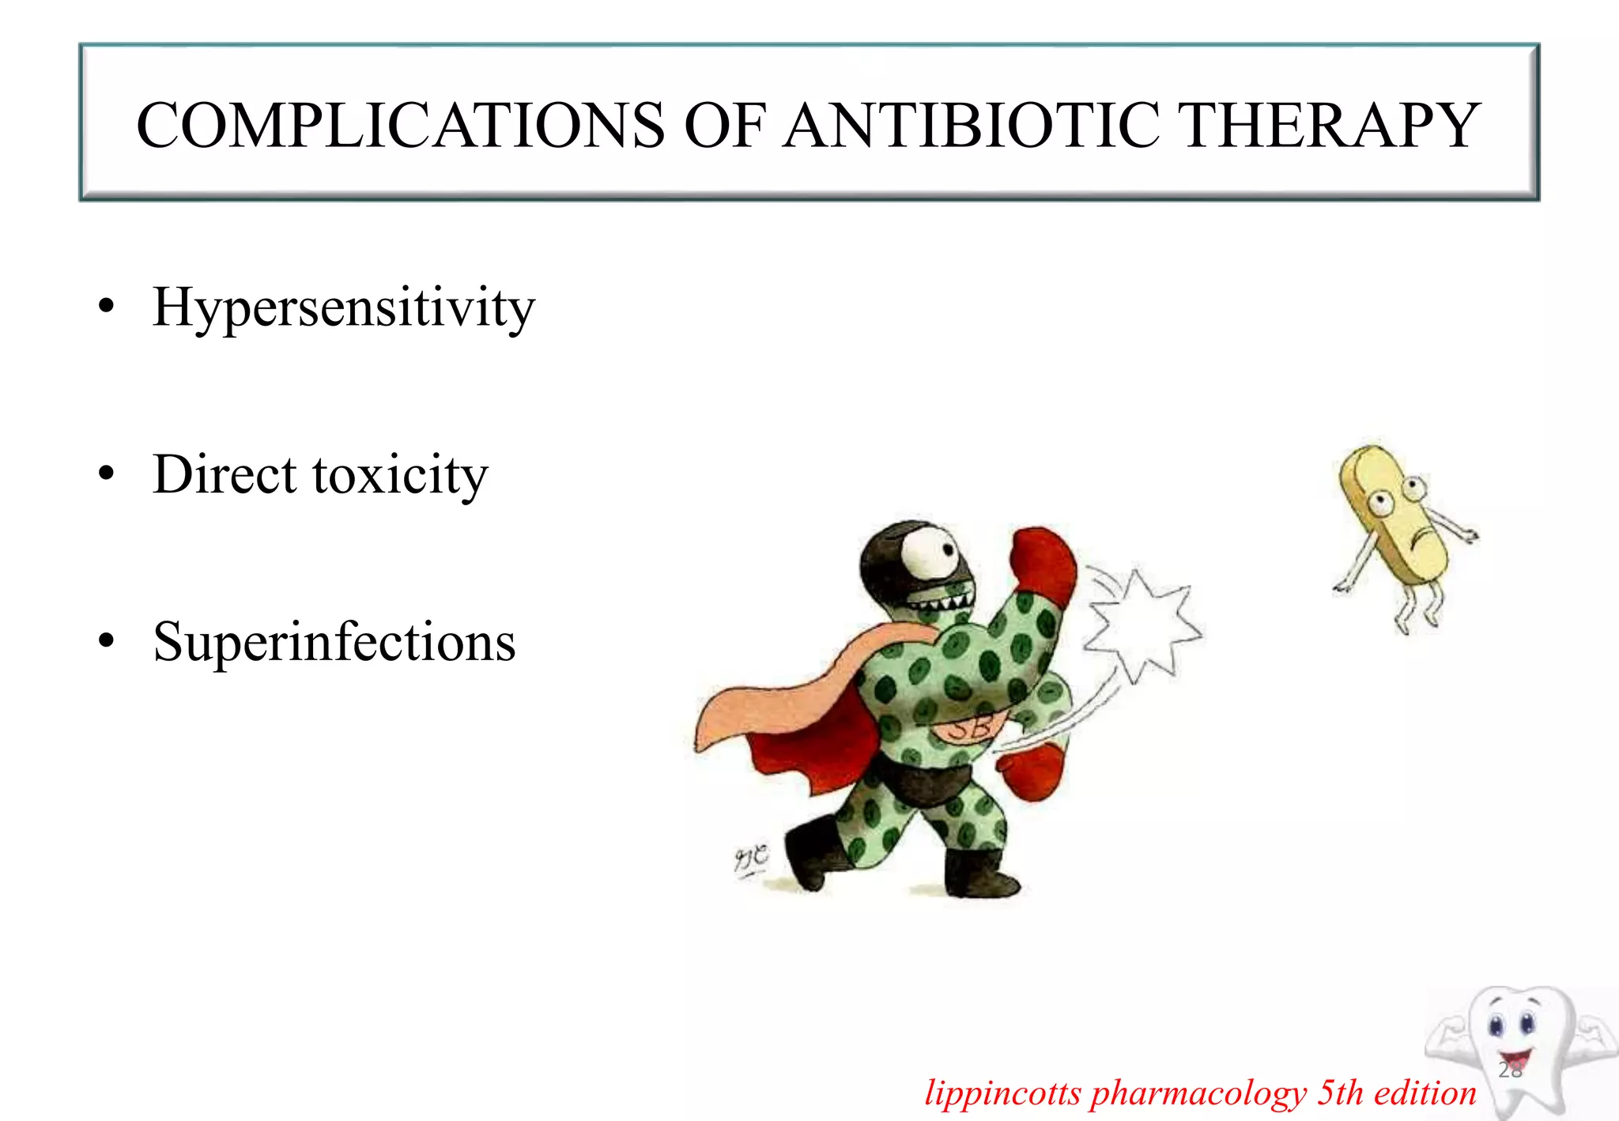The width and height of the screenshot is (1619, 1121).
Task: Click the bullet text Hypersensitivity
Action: (x=344, y=308)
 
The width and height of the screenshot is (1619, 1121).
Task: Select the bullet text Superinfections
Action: (x=334, y=641)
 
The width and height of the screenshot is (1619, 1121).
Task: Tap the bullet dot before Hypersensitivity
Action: (x=107, y=307)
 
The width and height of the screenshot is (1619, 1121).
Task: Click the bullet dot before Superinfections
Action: (x=107, y=641)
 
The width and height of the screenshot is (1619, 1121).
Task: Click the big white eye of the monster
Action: (x=928, y=553)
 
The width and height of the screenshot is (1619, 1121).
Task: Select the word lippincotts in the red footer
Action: (x=1002, y=1093)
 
